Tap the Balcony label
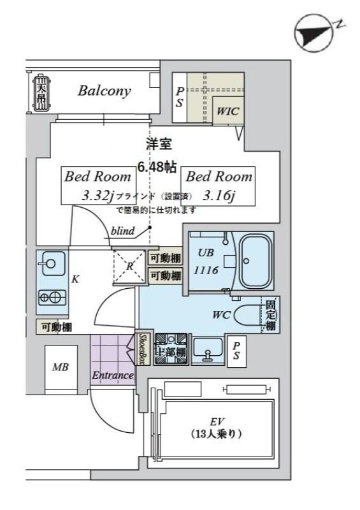pos(104,91)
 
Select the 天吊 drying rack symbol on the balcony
pos(41,93)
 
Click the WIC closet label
pos(227,110)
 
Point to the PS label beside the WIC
pos(180,97)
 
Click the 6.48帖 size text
pos(157,168)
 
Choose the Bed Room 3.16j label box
pos(219,186)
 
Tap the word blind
pos(122,231)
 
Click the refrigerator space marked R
pos(129,266)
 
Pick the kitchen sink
pos(50,263)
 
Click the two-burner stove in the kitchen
pos(51,296)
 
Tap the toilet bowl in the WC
pos(247,315)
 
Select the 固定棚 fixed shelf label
pos(271,315)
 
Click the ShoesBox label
pos(143,349)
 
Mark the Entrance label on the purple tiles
pos(113,375)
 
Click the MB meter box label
pos(61,367)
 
